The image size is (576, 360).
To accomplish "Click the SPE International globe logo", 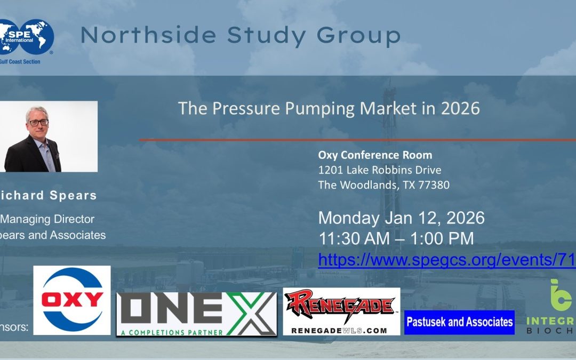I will click(27, 37).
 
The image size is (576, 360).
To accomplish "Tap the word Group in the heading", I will click(358, 36).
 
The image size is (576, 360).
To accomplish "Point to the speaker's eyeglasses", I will click(37, 122).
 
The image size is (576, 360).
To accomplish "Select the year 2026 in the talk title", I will click(460, 108).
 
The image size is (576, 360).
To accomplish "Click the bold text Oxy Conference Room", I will click(375, 155).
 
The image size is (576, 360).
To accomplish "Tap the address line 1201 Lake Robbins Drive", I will click(380, 170).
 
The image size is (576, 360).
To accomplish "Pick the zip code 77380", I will click(432, 185).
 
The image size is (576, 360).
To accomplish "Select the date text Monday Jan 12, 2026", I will click(401, 218).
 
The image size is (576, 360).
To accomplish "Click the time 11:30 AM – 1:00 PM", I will click(396, 238).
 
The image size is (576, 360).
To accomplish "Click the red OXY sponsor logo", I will click(72, 300).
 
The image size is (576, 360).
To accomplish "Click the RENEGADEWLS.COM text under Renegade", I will click(339, 331).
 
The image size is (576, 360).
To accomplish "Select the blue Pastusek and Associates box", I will click(459, 322).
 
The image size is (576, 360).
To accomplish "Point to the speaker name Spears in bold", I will click(73, 195).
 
